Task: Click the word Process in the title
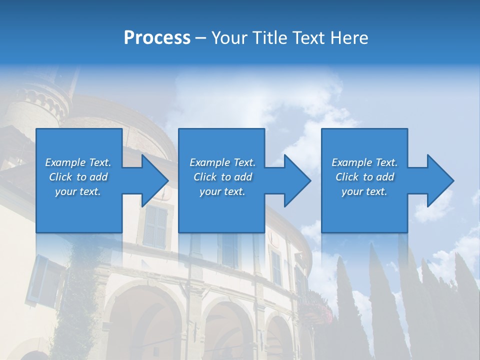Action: click(157, 37)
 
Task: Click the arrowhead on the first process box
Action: click(154, 180)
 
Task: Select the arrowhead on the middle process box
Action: click(297, 180)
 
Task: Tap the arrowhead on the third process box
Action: click(440, 180)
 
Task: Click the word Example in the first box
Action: click(65, 162)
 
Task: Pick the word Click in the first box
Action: click(60, 177)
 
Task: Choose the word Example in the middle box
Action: click(209, 162)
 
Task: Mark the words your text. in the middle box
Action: click(222, 191)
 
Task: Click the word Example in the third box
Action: click(351, 162)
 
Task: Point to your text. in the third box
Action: click(364, 191)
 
